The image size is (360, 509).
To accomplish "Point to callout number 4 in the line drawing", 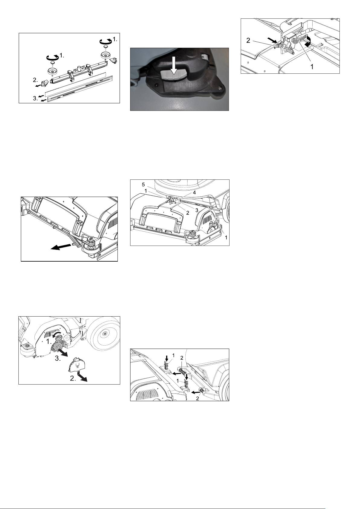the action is click(x=195, y=192).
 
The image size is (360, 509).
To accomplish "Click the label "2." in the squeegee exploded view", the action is click(x=35, y=80).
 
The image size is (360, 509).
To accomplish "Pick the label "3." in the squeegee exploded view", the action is click(x=35, y=98).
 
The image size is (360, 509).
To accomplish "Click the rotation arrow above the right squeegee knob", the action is click(x=106, y=41).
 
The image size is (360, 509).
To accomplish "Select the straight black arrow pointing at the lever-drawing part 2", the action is click(x=272, y=40).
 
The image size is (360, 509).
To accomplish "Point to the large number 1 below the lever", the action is click(x=312, y=66).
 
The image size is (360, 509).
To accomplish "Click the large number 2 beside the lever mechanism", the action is click(x=248, y=40).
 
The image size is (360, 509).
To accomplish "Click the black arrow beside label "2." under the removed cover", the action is click(x=83, y=378).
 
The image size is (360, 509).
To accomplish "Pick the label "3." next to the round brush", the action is click(x=58, y=358).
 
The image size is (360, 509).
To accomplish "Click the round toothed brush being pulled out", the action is click(x=58, y=346).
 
